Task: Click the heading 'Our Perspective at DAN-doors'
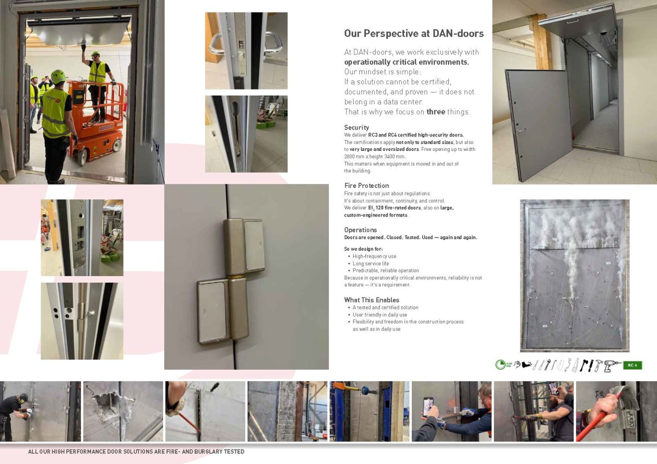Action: point(414,33)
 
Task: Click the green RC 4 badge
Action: point(632,365)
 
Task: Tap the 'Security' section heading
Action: point(356,128)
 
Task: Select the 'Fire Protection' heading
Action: point(366,185)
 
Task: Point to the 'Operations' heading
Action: point(360,230)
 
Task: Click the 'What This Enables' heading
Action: point(372,300)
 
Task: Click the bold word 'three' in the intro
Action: point(436,112)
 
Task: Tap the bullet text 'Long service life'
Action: point(370,263)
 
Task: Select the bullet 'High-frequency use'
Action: point(374,256)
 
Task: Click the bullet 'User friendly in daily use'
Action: point(380,315)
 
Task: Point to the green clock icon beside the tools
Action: point(500,365)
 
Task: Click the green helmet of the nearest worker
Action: point(58,76)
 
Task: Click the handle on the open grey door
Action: point(521,130)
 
